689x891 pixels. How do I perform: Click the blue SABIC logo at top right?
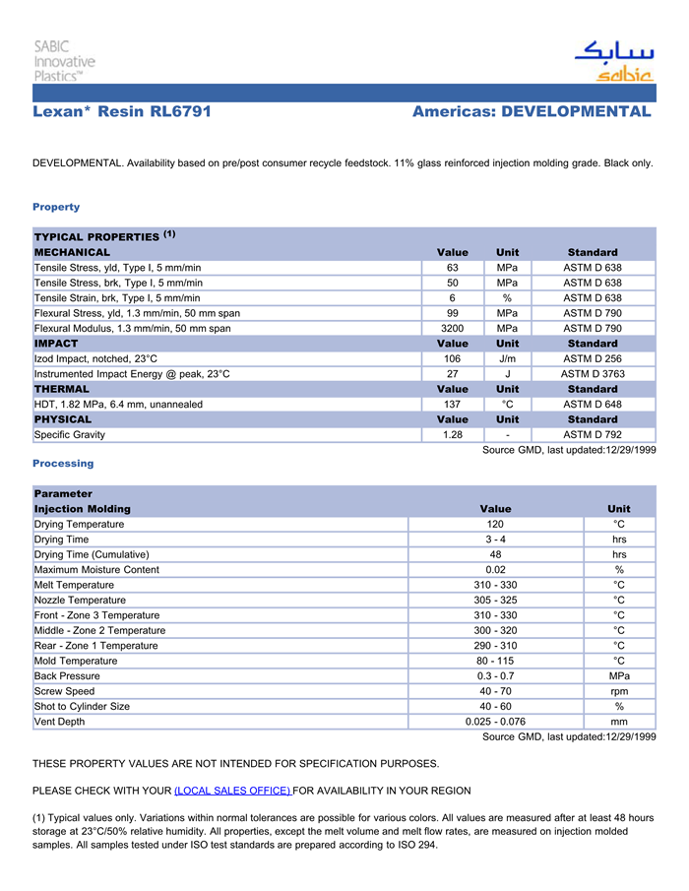pos(614,61)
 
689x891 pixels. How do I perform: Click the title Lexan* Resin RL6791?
pos(122,111)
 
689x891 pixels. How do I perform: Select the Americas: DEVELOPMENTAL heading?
pos(532,111)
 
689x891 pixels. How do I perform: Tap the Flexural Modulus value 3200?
pos(452,328)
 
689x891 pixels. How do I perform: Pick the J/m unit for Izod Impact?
pos(507,358)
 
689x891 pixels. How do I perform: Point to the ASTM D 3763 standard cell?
pos(591,374)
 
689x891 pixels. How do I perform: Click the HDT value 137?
pos(452,405)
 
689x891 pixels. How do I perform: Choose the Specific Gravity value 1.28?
pos(452,435)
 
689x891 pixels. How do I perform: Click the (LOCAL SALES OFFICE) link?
pos(232,791)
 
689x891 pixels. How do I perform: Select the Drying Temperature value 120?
pos(495,525)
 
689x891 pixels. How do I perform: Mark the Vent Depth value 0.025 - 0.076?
pos(495,722)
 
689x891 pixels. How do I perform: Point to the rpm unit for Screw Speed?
pos(619,691)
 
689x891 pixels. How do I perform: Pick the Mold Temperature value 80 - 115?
pos(495,661)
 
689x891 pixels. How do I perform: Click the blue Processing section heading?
pos(63,463)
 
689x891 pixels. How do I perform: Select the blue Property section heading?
pos(56,207)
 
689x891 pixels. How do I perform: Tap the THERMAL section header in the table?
pos(62,389)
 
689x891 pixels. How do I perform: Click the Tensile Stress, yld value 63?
pos(452,268)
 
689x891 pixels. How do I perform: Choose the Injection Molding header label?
pos(82,509)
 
